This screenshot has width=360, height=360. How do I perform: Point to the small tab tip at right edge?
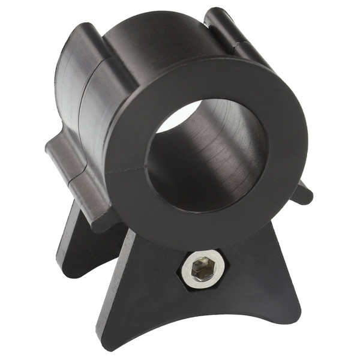303,195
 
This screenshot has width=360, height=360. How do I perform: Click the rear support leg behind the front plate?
78,246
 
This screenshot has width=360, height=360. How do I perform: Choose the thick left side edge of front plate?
111,282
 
